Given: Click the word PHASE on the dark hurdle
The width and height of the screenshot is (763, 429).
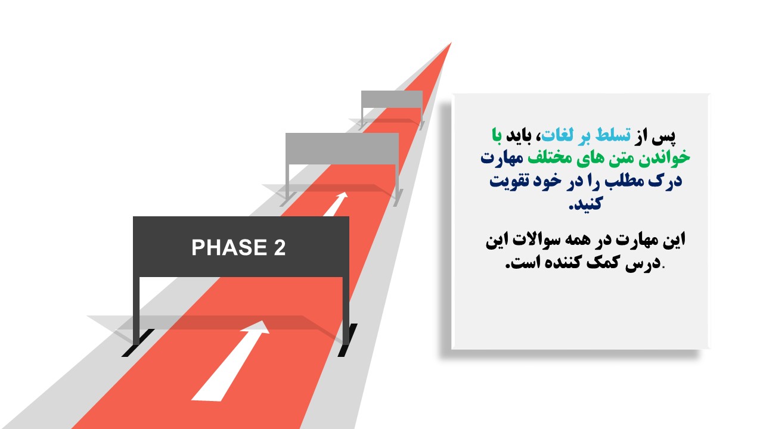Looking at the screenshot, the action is pos(229,247).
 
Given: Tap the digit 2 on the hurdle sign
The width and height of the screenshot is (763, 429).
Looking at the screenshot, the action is pos(280,247).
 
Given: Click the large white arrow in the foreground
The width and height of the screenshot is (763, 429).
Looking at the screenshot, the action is pos(230,361).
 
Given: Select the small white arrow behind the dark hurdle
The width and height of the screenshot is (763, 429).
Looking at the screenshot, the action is pos(336,204).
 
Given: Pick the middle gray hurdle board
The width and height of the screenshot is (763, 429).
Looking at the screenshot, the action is pos(342,149).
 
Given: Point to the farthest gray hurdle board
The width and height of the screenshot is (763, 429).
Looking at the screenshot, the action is pos(392,99).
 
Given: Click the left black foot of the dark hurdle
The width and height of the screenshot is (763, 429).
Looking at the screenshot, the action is pos(138,343).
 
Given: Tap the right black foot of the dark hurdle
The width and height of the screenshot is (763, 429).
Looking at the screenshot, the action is pos(348,340).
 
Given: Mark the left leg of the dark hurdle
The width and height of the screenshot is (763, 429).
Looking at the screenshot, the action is pos(137,310).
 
